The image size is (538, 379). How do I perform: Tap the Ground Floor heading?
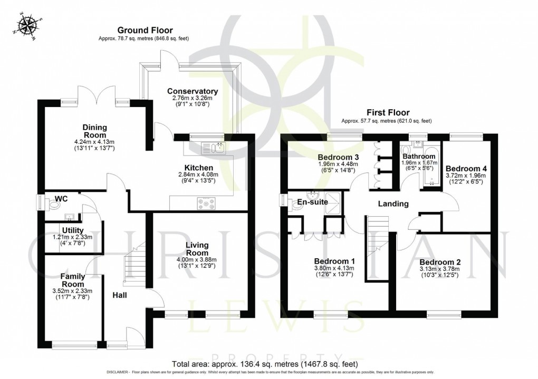[x=145, y=31]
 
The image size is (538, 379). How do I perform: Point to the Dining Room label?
[x=95, y=131]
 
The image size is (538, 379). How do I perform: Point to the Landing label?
[x=393, y=203]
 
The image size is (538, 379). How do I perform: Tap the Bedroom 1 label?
[x=334, y=261]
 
